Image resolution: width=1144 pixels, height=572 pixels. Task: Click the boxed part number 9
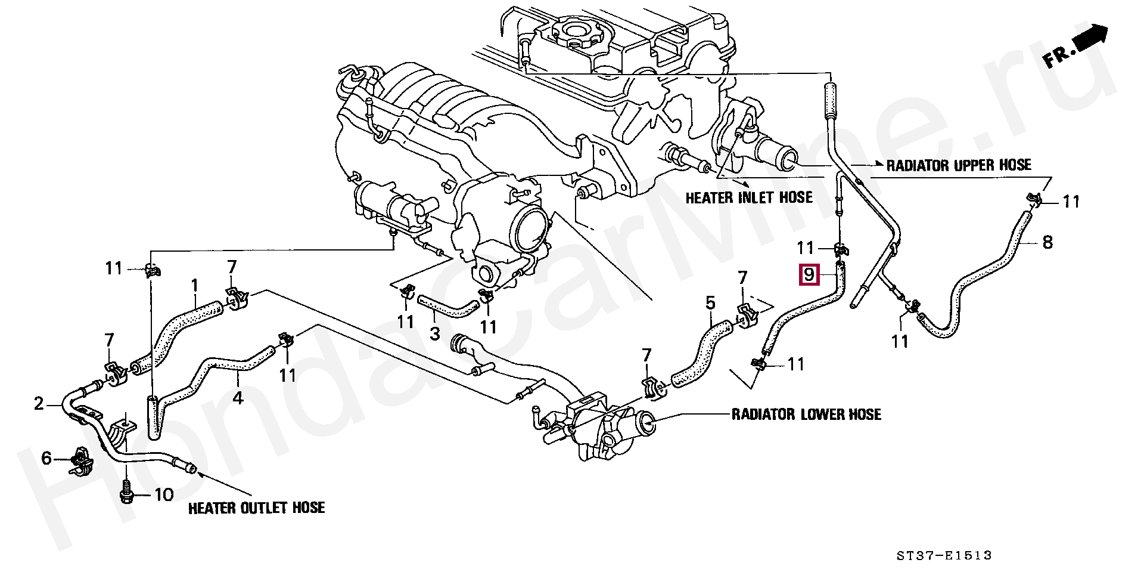point(809,275)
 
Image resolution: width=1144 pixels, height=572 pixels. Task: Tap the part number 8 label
point(1047,242)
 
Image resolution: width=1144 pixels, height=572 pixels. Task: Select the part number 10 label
point(164,494)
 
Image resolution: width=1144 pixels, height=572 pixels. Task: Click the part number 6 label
point(46,458)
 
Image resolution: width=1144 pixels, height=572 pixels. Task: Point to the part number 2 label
point(39,404)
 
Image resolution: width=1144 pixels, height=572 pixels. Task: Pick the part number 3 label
point(435,334)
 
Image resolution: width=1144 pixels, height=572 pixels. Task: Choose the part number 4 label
point(238,397)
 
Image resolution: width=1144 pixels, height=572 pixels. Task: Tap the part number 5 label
point(710,303)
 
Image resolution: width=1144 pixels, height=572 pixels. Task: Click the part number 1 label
point(194,286)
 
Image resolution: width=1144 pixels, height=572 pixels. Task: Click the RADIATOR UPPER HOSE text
point(958,165)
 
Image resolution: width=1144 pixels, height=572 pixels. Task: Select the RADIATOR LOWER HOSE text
point(806,414)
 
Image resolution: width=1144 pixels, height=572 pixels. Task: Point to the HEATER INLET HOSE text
point(748,197)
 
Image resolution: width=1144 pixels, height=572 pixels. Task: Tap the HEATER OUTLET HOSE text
point(256,508)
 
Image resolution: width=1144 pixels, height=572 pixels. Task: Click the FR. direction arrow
point(1075,47)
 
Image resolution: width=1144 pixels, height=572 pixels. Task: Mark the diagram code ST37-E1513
point(944,555)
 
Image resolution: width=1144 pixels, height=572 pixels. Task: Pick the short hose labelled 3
point(448,308)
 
